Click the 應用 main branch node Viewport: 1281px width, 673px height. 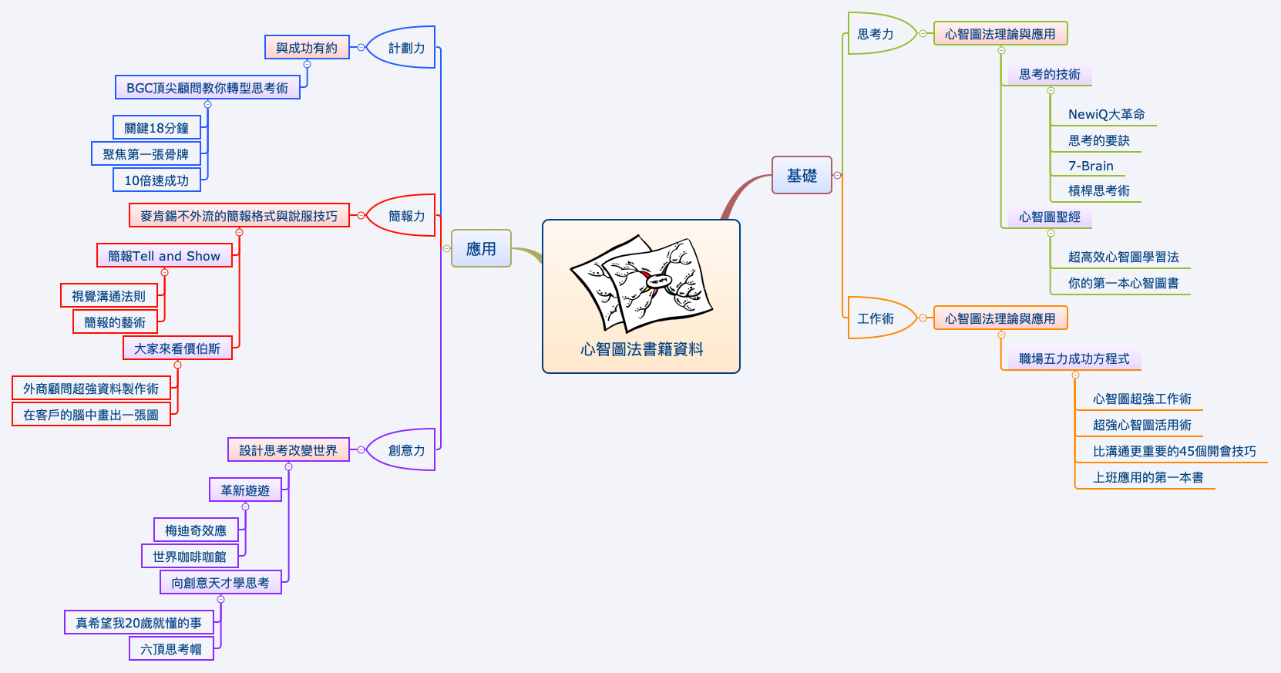pyautogui.click(x=481, y=248)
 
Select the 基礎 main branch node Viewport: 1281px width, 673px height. pyautogui.click(x=802, y=175)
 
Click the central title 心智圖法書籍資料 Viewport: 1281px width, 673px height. pyautogui.click(x=641, y=349)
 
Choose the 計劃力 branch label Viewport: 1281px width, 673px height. pyautogui.click(x=406, y=48)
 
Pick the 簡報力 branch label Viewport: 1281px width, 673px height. pyautogui.click(x=406, y=216)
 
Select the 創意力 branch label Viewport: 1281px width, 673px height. pyautogui.click(x=406, y=450)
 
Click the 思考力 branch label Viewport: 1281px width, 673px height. pyautogui.click(x=876, y=34)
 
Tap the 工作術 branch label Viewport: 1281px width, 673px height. pyautogui.click(x=876, y=318)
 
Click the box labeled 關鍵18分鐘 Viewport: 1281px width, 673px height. pyautogui.click(x=156, y=128)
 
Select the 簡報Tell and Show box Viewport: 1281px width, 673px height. pyautogui.click(x=164, y=256)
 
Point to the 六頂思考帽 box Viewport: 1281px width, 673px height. pyautogui.click(x=171, y=649)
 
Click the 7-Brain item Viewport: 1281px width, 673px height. pyautogui.click(x=1091, y=166)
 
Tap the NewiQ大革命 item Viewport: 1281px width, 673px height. pyautogui.click(x=1106, y=114)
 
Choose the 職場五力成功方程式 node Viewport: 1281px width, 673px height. pyautogui.click(x=1074, y=358)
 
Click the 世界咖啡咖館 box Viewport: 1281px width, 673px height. pyautogui.click(x=190, y=557)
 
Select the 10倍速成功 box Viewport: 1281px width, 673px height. pyautogui.click(x=156, y=180)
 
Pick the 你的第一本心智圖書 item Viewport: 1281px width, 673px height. pyautogui.click(x=1123, y=283)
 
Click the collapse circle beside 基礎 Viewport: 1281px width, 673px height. pyautogui.click(x=838, y=175)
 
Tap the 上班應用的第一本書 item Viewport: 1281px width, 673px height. pyautogui.click(x=1148, y=477)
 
